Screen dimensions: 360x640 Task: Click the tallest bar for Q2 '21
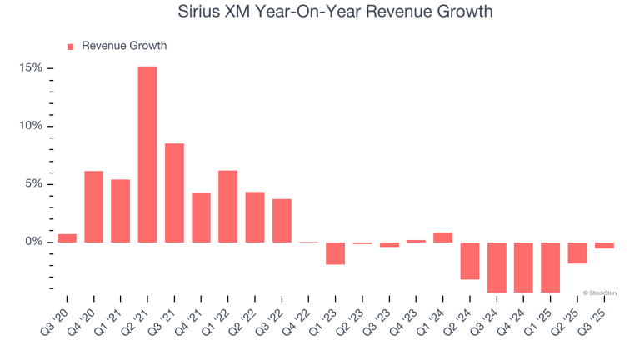(147, 154)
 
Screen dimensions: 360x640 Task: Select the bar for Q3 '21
(174, 192)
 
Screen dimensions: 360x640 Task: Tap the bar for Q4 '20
(93, 207)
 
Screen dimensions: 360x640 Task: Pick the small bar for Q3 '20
(67, 238)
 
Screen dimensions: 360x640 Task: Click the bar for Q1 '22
(227, 206)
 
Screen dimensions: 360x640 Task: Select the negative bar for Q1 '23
(335, 253)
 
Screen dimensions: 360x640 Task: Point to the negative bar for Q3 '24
(497, 267)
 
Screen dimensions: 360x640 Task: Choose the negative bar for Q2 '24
(470, 261)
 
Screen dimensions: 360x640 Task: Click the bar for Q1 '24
(442, 237)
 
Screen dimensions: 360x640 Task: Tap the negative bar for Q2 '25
(577, 252)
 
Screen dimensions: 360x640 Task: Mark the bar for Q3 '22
(282, 221)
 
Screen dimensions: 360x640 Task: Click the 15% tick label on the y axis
(31, 68)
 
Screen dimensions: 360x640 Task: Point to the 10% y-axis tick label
(31, 127)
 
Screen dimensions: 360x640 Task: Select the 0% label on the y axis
(34, 242)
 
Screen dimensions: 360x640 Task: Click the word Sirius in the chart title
(203, 12)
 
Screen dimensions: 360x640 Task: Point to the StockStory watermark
(600, 292)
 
